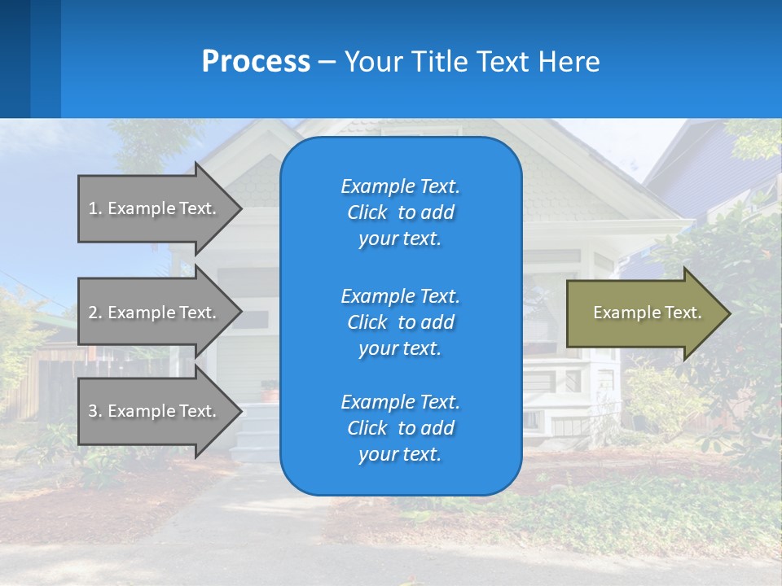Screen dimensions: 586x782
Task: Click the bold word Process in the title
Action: tap(256, 62)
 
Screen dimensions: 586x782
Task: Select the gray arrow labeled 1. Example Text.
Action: tap(155, 208)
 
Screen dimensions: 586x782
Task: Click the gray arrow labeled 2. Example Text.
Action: tap(155, 313)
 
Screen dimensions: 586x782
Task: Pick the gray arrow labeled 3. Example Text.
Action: tap(155, 411)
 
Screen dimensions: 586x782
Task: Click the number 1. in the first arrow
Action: tap(94, 208)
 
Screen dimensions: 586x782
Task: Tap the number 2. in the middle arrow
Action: tap(94, 313)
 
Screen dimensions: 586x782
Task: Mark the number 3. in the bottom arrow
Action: tap(94, 411)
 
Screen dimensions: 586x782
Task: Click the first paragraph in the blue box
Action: tap(400, 212)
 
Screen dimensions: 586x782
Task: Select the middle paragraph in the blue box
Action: tap(400, 322)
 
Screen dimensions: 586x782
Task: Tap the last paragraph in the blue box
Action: tap(400, 428)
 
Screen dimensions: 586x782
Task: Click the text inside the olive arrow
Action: tap(647, 313)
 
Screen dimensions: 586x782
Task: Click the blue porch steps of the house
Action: tap(259, 431)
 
